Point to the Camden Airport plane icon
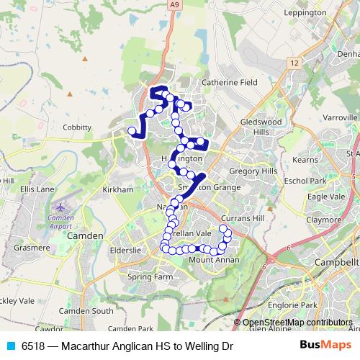[60, 207]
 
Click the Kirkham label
[119, 189]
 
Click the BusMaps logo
[321, 346]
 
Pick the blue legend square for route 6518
[10, 346]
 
